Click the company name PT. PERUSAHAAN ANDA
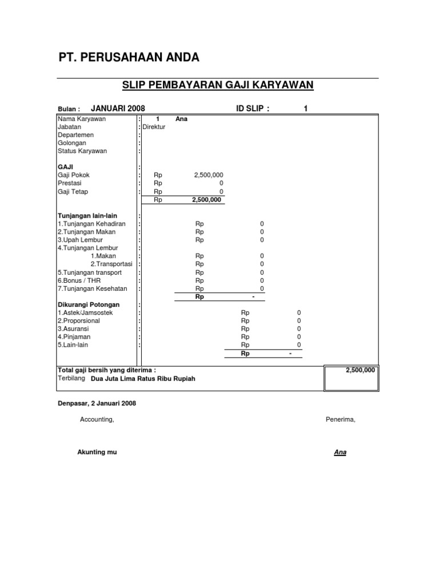(x=129, y=58)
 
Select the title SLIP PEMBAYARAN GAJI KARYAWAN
(x=218, y=86)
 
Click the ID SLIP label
(x=253, y=109)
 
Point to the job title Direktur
(x=154, y=127)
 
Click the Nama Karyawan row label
(x=82, y=119)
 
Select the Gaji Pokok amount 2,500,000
(x=209, y=175)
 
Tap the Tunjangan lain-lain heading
(x=86, y=215)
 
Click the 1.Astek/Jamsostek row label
(x=85, y=313)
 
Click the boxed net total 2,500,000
(x=361, y=370)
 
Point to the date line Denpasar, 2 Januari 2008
(x=97, y=403)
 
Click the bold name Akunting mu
(x=97, y=452)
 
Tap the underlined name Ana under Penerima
(x=340, y=452)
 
